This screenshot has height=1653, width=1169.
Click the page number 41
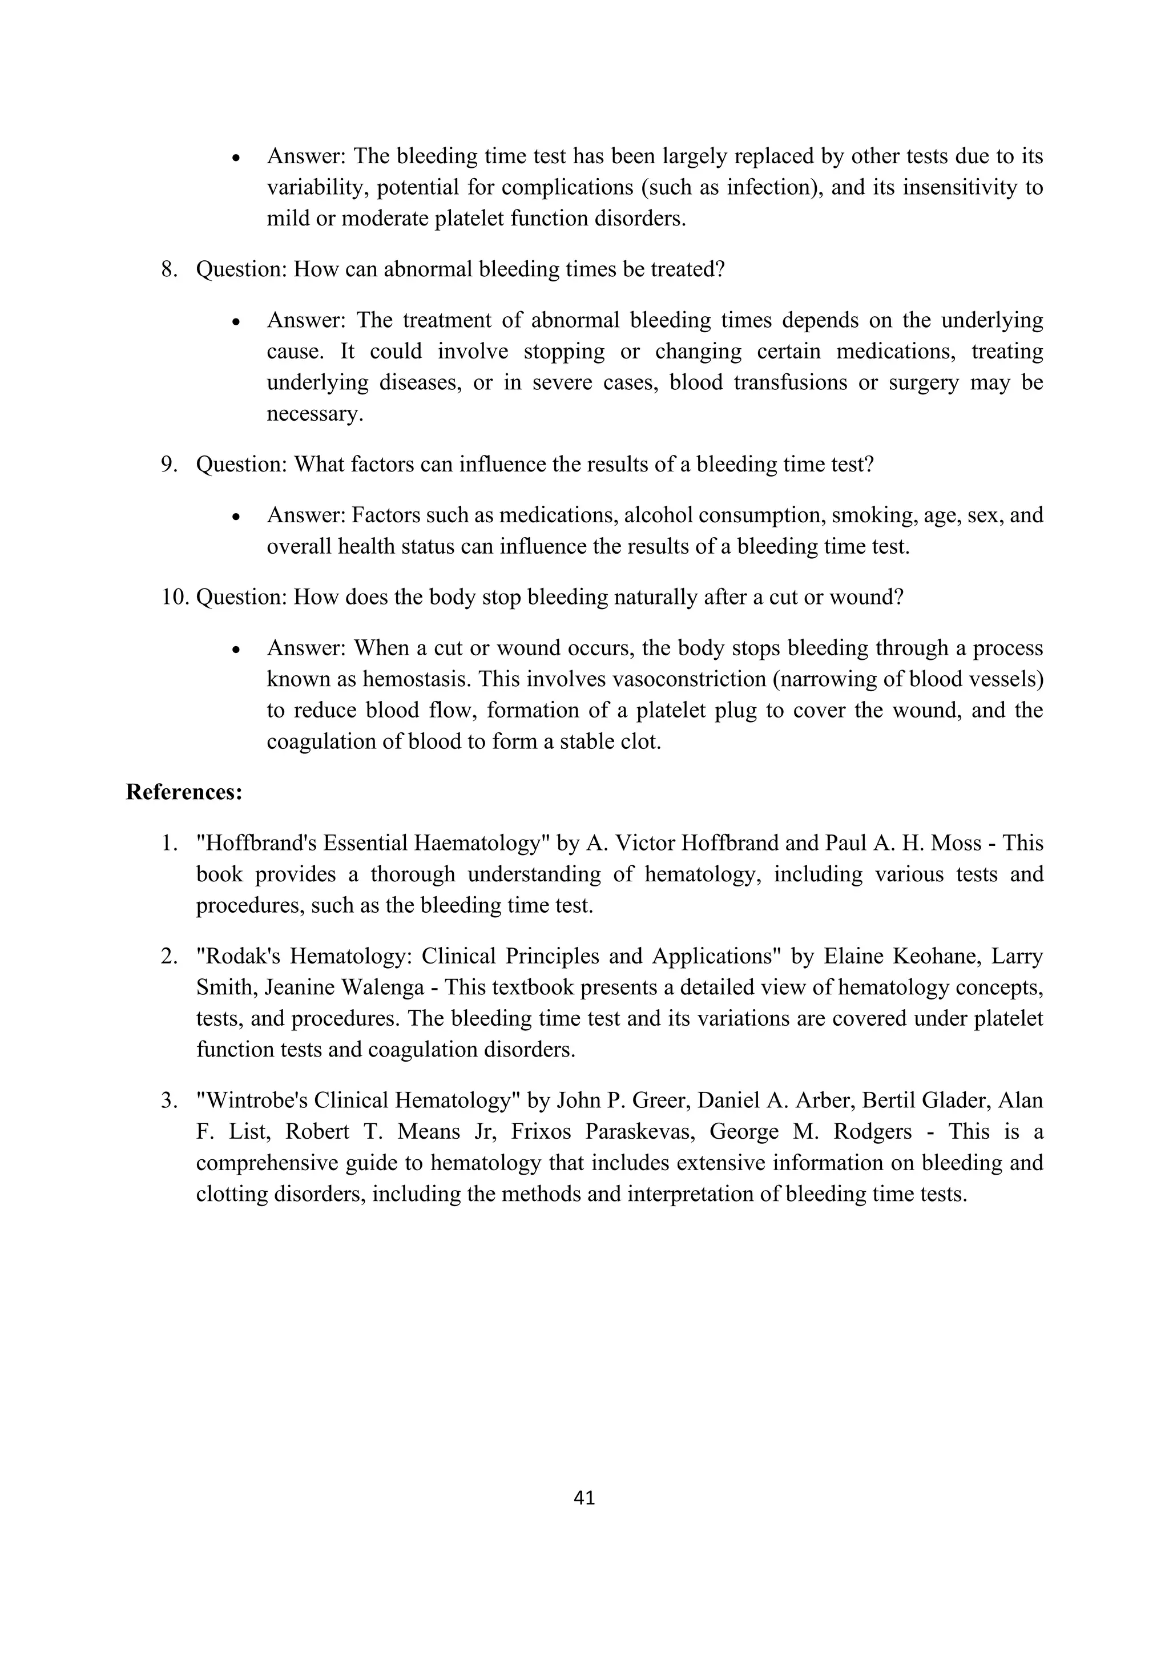tap(584, 1498)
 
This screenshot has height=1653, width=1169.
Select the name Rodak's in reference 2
tap(238, 956)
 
